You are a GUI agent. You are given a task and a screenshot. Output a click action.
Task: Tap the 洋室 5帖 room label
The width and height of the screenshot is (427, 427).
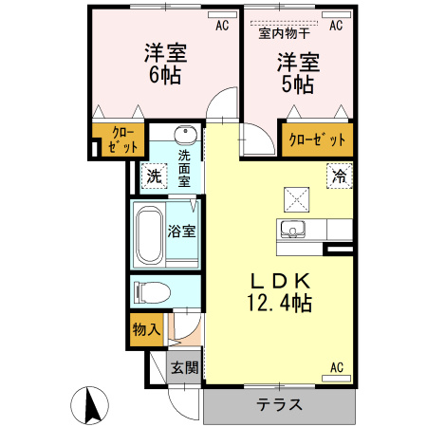click(296, 73)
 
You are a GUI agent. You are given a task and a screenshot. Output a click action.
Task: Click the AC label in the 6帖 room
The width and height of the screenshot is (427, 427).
click(222, 27)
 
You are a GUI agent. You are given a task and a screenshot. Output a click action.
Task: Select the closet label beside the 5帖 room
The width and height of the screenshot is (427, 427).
click(317, 139)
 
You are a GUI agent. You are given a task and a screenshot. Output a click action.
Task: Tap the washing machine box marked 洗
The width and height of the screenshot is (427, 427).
click(154, 176)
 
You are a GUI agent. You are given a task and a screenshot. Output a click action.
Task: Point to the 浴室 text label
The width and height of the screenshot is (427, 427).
click(182, 231)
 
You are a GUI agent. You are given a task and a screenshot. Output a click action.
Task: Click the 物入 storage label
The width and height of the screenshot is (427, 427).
click(146, 329)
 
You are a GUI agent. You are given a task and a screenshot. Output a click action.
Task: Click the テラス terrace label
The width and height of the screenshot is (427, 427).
click(280, 404)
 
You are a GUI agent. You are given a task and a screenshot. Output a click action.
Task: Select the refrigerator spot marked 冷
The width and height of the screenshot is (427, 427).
click(339, 176)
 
